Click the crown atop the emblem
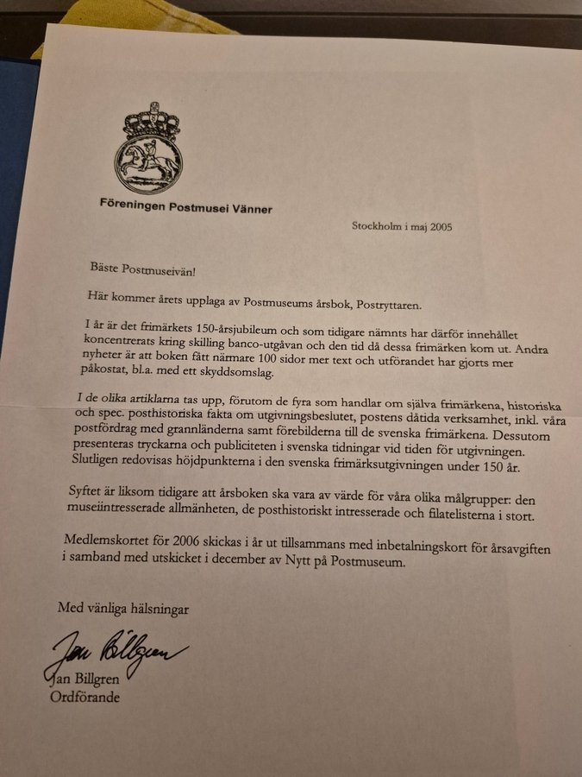(x=151, y=124)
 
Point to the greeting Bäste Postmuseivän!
(x=142, y=269)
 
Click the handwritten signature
(x=116, y=651)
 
